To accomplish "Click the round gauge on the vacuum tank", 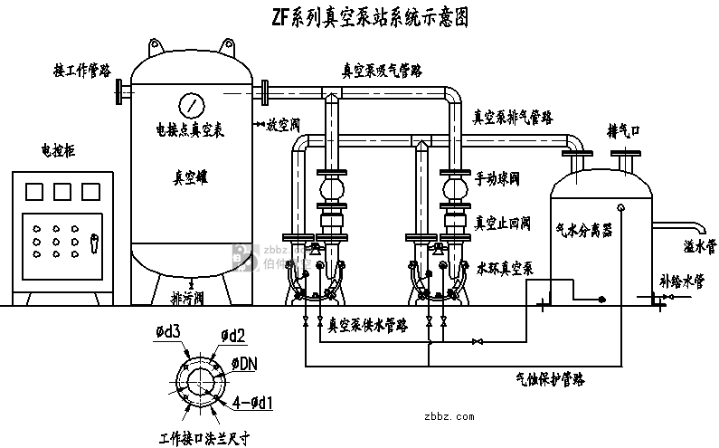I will click(192, 104).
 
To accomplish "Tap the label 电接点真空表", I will click(190, 130).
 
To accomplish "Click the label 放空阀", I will click(284, 127).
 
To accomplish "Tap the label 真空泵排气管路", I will click(514, 117).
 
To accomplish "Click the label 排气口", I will click(624, 131).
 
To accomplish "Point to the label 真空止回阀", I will click(503, 224).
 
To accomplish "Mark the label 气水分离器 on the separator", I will click(584, 231).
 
